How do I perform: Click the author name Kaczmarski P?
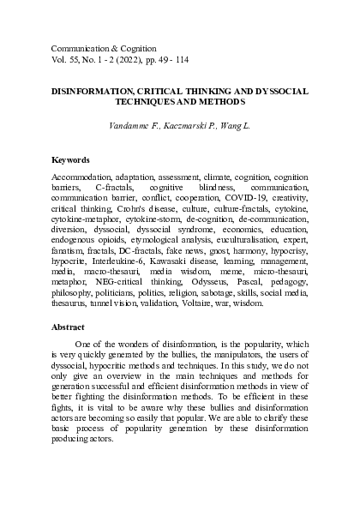pos(195,126)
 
